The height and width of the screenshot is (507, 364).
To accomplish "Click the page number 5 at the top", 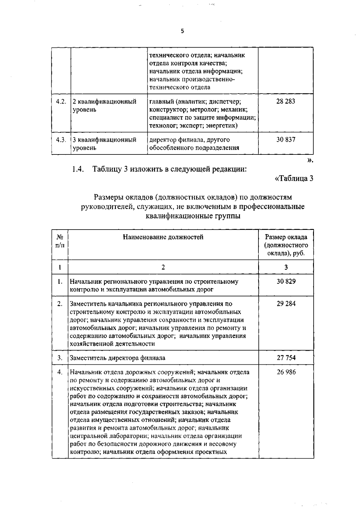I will pos(182,31).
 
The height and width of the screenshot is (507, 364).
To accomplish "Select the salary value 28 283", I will pos(285,101).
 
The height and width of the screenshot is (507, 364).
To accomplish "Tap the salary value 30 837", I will pos(285,140).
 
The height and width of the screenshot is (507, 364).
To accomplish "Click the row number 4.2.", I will pos(61,101).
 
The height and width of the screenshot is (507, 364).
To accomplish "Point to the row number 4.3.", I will pos(61,140).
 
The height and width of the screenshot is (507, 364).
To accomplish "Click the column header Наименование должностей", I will pos(163,237).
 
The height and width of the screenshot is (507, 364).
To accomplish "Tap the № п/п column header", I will pos(60,241).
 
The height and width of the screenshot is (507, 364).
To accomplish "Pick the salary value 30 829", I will pos(286,281).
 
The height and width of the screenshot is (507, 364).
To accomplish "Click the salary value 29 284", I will pos(286,304).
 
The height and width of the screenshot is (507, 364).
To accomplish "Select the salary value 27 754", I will pos(286,358).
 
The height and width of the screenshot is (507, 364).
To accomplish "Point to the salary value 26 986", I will pos(286,372).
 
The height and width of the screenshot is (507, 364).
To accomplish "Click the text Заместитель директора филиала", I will pos(117,358).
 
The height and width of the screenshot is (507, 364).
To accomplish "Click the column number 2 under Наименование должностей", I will pos(163,267).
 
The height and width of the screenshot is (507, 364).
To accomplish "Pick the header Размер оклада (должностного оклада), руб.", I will pos(286,245).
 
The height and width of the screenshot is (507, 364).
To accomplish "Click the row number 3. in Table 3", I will pos(60,358).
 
